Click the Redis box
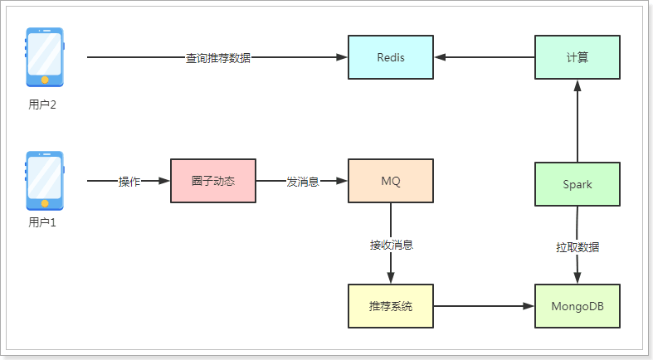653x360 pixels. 390,57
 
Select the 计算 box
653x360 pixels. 577,57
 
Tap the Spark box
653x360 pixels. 577,184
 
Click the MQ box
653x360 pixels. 390,181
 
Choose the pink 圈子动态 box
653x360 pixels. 213,181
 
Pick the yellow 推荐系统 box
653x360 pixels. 390,306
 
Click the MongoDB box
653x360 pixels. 577,306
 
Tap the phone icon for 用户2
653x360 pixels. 45,57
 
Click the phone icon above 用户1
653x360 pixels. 45,180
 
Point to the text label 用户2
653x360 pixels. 42,105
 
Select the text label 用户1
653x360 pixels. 42,221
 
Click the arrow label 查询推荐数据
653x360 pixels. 217,58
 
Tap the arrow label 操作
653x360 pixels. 129,182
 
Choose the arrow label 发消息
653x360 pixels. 303,182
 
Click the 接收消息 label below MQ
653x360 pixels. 391,246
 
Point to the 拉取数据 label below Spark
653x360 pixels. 577,247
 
